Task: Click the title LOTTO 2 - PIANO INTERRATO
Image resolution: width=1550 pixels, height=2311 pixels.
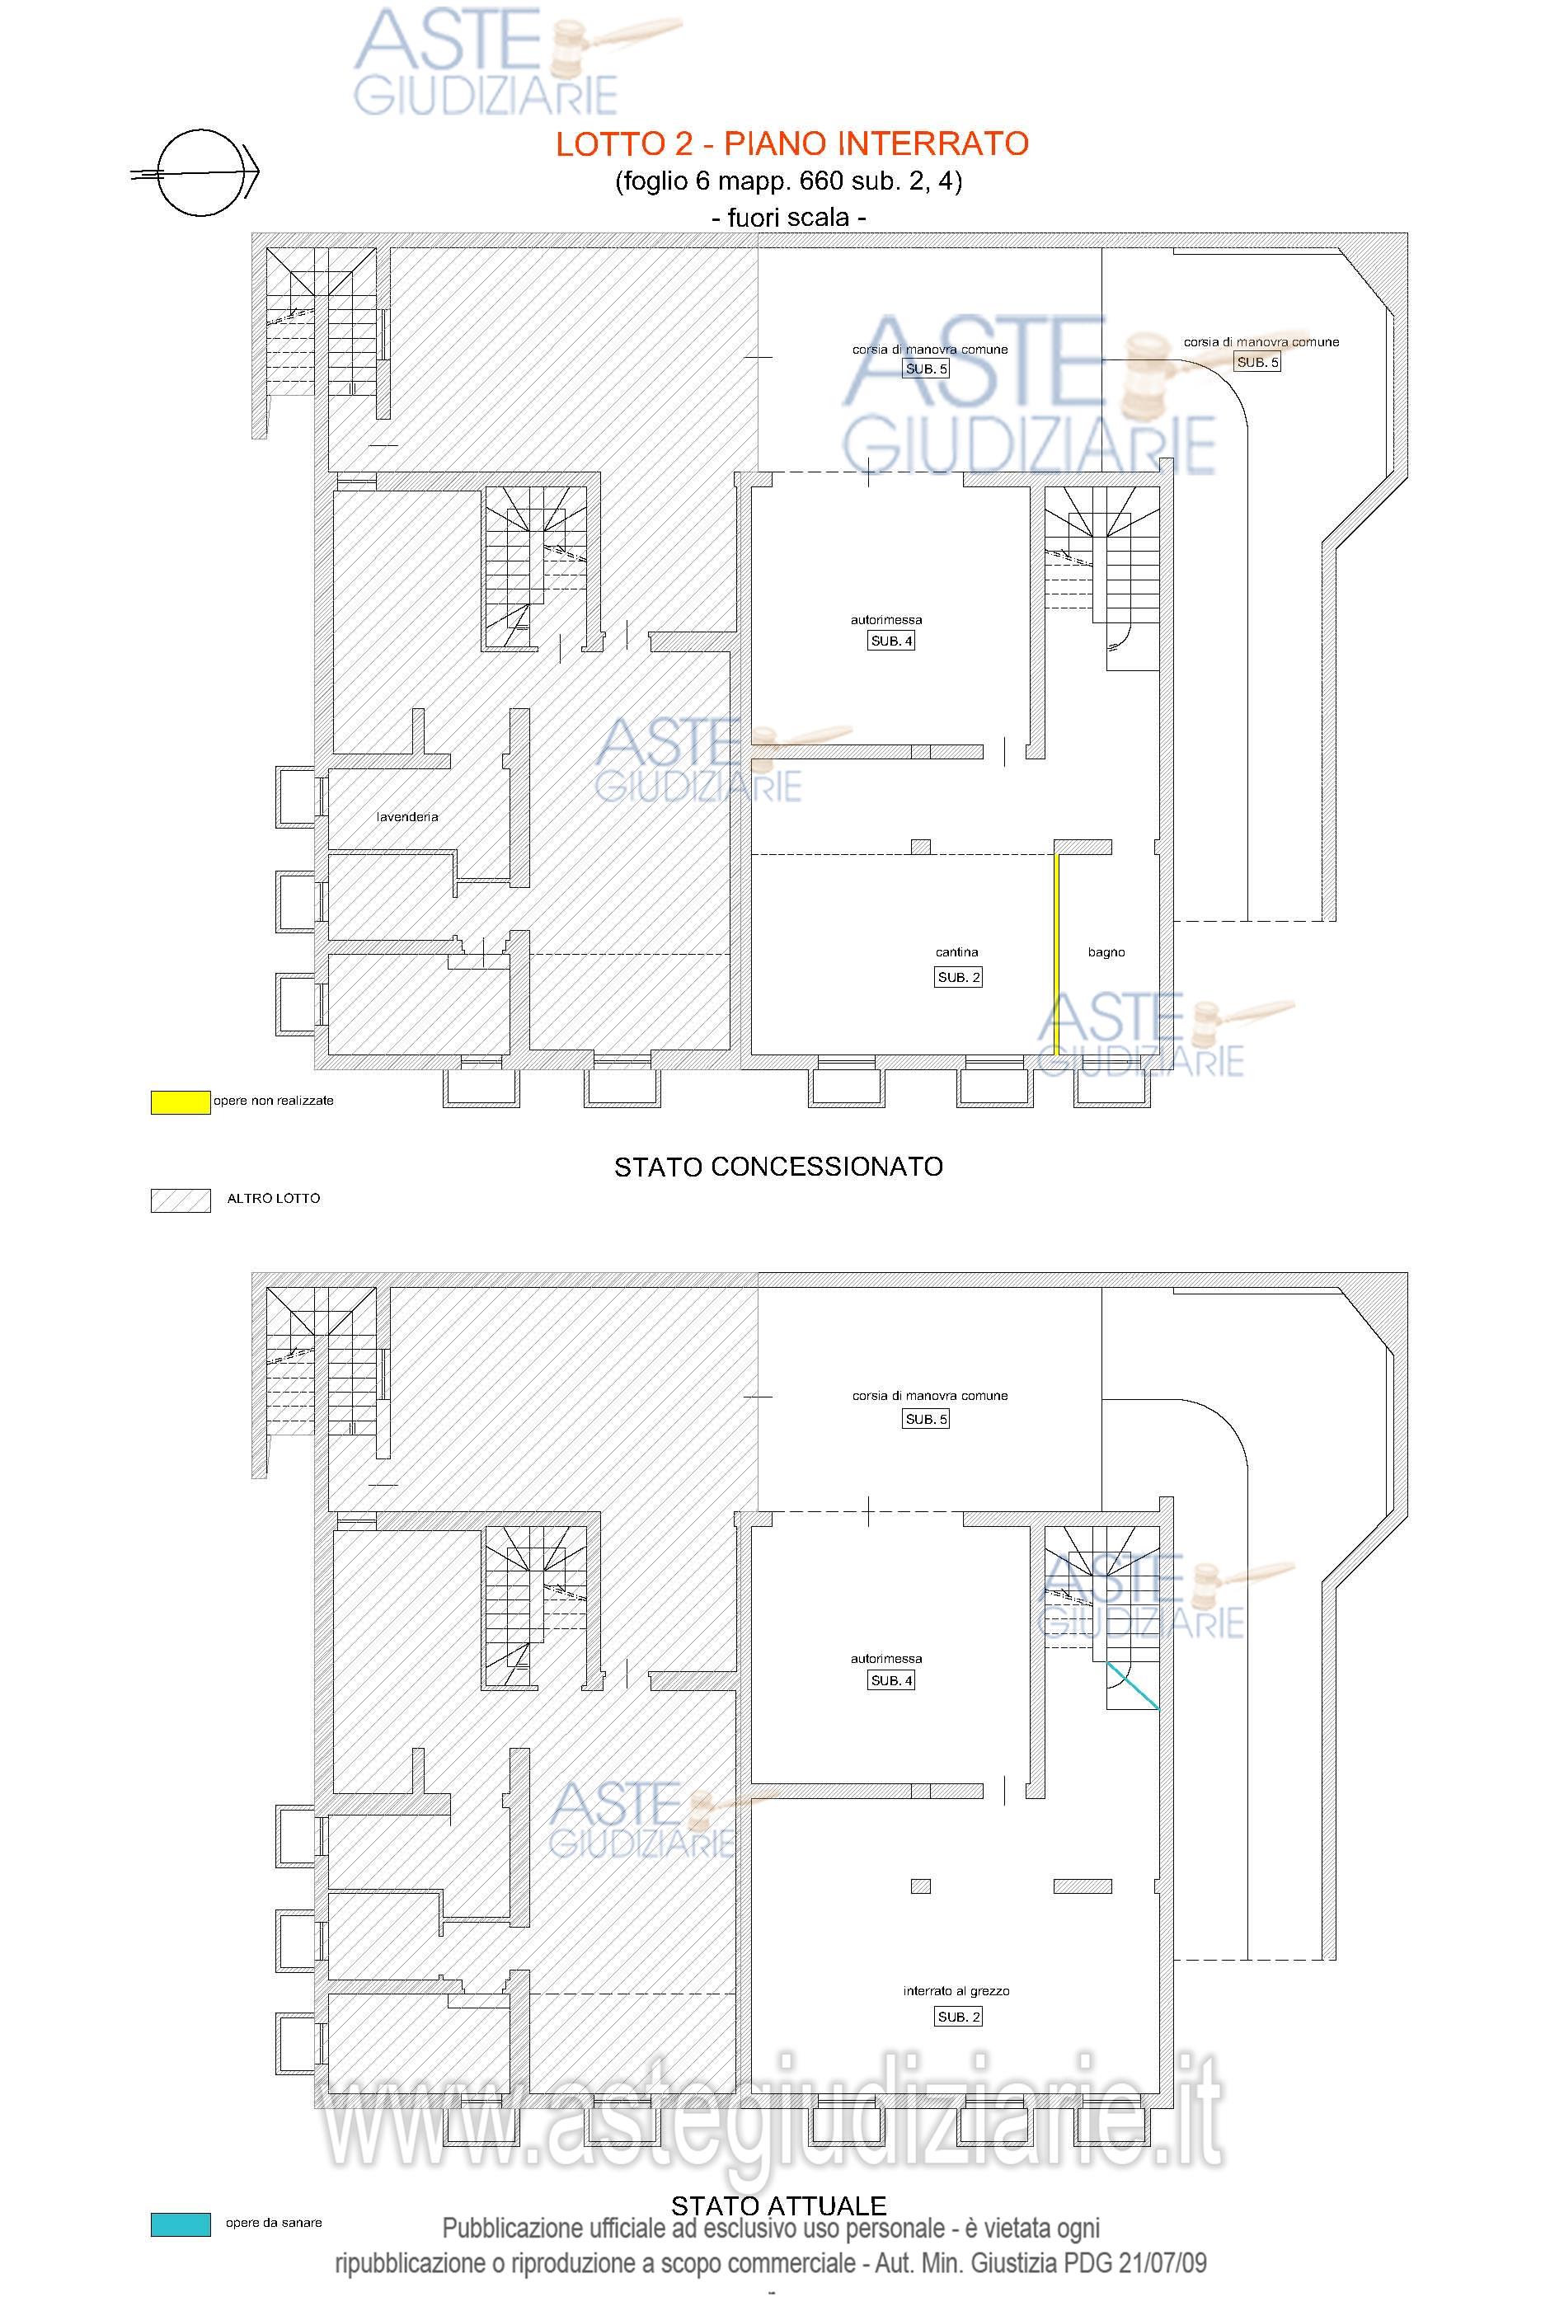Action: coord(791,144)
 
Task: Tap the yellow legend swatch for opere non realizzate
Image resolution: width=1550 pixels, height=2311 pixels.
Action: coord(180,1102)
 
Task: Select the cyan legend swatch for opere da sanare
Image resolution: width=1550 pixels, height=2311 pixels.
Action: coord(180,2224)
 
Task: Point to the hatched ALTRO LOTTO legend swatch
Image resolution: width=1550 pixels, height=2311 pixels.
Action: coord(180,1200)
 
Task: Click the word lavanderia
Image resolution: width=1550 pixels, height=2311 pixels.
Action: coord(407,817)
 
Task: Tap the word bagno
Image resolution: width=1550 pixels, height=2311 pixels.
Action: coord(1106,953)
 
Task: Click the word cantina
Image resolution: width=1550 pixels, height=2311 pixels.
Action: coord(957,953)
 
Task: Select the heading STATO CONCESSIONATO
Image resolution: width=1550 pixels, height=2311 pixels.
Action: coord(779,1167)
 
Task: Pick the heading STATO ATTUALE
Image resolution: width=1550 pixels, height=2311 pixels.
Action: coord(779,2205)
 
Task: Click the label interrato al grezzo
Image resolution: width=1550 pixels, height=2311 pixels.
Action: coord(956,1991)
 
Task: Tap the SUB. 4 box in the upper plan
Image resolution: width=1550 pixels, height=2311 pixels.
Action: coord(891,641)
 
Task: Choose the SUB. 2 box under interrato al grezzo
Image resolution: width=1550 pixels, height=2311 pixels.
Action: coord(959,2017)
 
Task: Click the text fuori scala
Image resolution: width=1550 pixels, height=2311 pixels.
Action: coord(789,218)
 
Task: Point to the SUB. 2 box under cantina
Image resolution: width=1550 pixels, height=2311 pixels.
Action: coord(959,978)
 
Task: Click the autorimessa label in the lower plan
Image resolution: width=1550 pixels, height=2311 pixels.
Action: coord(886,1659)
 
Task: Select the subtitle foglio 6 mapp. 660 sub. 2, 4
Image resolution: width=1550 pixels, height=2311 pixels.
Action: coord(789,182)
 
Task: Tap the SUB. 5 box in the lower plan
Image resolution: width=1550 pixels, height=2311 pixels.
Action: coord(926,1420)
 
